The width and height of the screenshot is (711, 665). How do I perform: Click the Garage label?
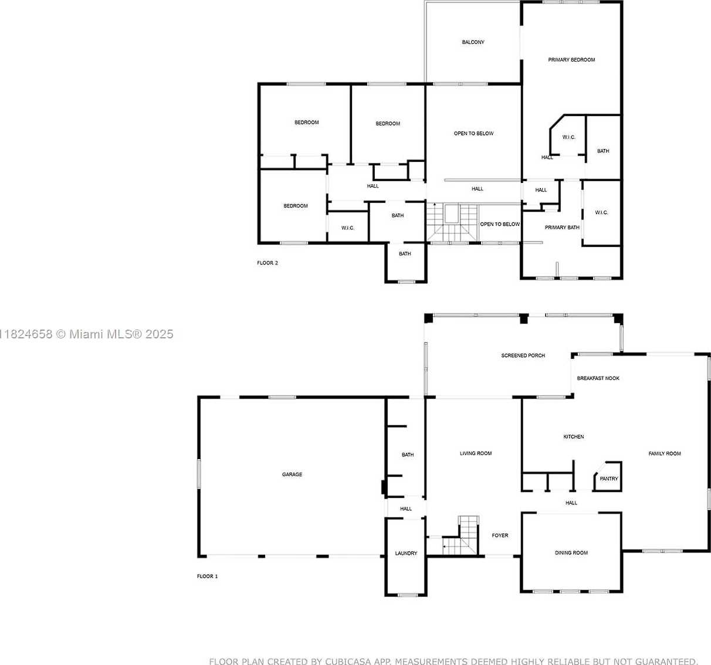coord(292,474)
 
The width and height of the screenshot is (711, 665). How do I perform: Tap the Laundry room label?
coord(406,553)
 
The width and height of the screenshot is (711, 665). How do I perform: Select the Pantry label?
coord(608,479)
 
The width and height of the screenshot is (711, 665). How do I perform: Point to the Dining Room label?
coord(571,552)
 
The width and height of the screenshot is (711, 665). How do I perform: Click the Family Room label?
coord(665,453)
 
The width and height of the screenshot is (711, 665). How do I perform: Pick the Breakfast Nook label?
coord(598,378)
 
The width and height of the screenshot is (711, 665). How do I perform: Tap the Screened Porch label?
coord(523,355)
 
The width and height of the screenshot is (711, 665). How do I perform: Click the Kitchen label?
coord(574,437)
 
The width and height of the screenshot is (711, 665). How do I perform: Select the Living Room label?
coord(476,453)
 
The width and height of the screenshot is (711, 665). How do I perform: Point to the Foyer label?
coord(500,535)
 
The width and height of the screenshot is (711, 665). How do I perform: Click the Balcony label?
coord(473,42)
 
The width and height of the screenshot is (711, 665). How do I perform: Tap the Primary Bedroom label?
coord(571,60)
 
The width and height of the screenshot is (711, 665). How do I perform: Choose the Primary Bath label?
coord(562,228)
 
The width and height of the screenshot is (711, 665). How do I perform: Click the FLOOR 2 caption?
coord(267,263)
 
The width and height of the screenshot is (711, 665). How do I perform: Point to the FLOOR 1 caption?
coord(207,576)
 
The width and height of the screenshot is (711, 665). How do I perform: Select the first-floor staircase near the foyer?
coord(461,535)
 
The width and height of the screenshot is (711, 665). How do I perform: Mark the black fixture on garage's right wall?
coord(383,487)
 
